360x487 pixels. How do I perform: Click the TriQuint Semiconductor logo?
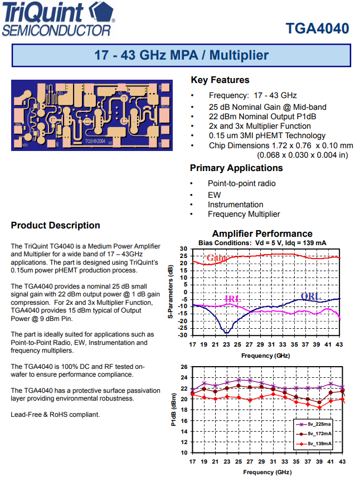tap(59, 20)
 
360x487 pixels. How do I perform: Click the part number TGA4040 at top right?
tap(317, 28)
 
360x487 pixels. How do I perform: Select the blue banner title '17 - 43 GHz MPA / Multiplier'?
tap(181, 56)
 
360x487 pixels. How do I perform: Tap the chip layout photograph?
tap(88, 115)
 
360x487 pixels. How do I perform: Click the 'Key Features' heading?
tap(220, 80)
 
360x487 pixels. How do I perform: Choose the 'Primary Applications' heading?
tap(236, 168)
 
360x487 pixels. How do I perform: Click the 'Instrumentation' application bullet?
tap(235, 204)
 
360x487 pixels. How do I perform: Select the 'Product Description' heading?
tap(56, 225)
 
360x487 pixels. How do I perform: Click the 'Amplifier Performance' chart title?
tap(262, 233)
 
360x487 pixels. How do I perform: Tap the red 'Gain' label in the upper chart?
tap(216, 258)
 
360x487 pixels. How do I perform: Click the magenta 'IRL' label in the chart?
tap(232, 299)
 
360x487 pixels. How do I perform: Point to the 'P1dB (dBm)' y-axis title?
tap(173, 410)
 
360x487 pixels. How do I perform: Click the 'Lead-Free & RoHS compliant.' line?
tap(55, 415)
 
